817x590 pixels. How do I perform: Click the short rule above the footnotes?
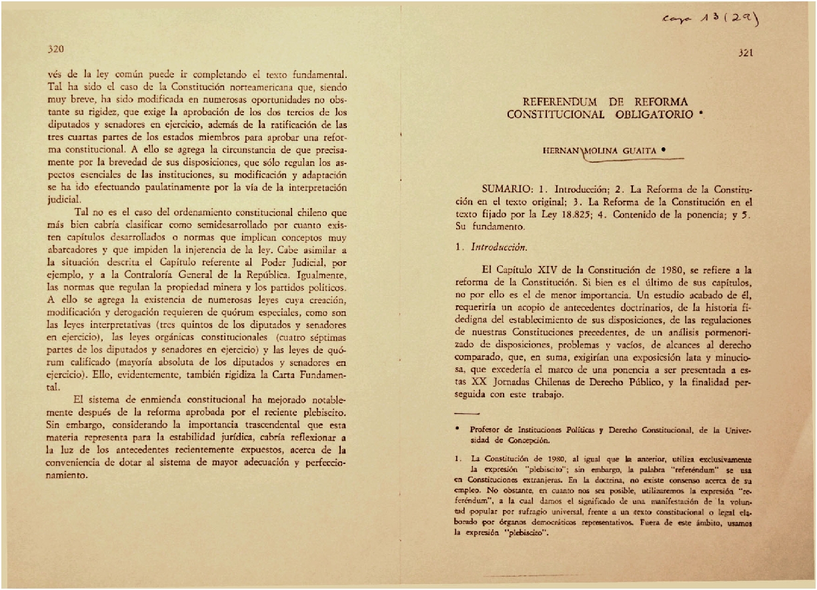point(467,415)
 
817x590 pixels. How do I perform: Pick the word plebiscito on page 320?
point(317,413)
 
